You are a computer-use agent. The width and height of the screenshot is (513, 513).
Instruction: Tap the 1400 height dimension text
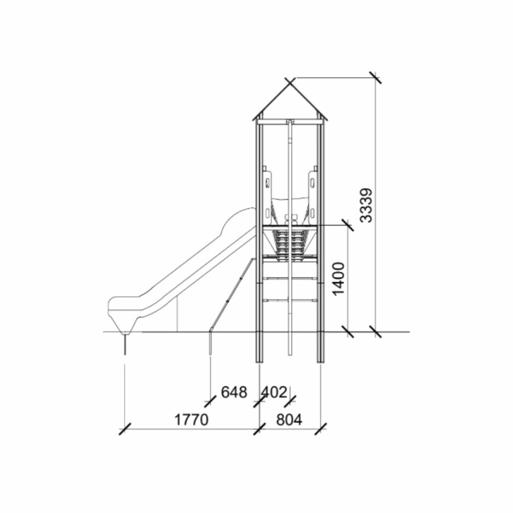coord(339,278)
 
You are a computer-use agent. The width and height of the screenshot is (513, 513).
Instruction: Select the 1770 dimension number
coord(191,420)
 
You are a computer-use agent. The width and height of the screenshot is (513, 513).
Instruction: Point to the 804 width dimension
coord(289,420)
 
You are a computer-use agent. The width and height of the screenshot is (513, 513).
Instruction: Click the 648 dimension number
coord(234,392)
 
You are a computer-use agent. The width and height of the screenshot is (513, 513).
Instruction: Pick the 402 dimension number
coord(274,392)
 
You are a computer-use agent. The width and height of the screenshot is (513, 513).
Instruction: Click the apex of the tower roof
coord(290,83)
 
